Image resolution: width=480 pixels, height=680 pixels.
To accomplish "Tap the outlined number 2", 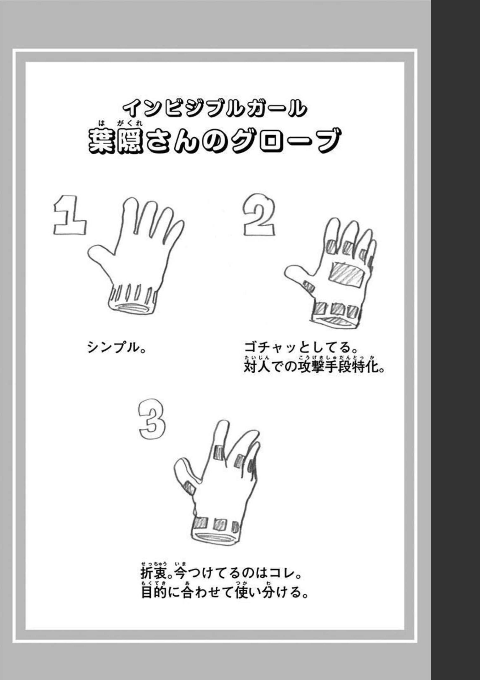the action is tap(259, 215).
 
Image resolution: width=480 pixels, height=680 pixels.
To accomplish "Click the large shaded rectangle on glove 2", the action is tap(346, 275).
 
